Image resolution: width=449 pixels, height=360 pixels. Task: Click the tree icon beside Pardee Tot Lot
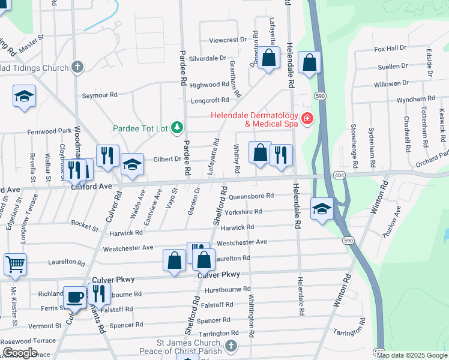click(176, 127)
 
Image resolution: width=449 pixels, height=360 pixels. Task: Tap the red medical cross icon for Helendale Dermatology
click(307, 119)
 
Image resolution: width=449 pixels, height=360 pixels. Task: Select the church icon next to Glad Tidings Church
click(77, 67)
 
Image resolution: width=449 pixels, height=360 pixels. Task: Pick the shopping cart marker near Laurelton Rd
click(15, 263)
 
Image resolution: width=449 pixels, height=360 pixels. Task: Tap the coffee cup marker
click(75, 296)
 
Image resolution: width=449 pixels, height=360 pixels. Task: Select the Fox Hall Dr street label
click(390, 48)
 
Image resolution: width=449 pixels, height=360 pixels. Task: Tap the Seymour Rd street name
click(100, 95)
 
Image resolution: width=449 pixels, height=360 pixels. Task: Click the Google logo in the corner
click(20, 353)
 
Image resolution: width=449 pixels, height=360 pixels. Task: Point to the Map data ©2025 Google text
click(412, 355)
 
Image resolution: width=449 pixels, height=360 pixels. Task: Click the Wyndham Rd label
click(415, 98)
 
